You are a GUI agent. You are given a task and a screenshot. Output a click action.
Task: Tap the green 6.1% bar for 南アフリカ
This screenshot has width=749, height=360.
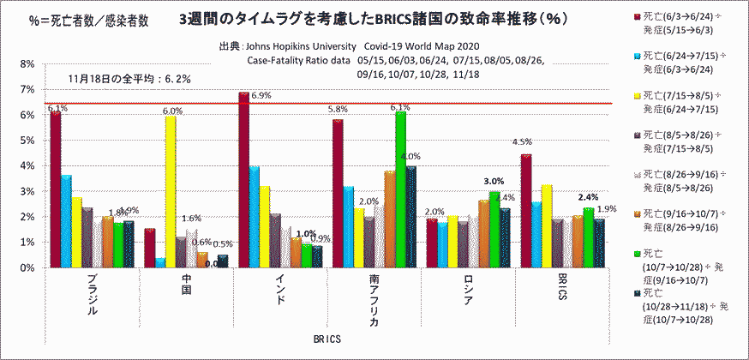(400, 189)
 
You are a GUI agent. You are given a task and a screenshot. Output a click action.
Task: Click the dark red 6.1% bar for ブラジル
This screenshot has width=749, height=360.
(56, 189)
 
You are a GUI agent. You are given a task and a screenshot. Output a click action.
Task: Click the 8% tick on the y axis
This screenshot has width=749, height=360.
(27, 64)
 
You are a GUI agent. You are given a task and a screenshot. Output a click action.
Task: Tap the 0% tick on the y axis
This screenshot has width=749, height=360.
(27, 267)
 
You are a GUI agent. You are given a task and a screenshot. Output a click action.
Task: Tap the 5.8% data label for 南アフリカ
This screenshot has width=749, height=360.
(338, 110)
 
